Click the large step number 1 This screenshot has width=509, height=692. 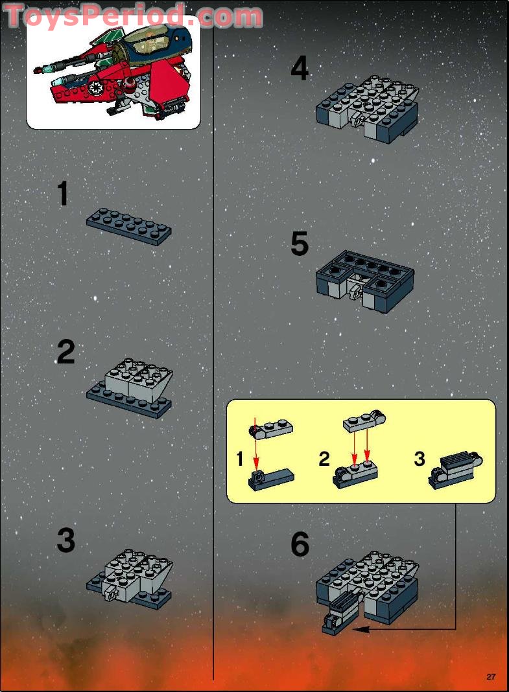(63, 194)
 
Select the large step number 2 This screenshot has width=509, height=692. (65, 352)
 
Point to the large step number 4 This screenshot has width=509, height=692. (299, 69)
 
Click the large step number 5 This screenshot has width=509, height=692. (299, 244)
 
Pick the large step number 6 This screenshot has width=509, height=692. (300, 544)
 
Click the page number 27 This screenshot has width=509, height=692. (491, 677)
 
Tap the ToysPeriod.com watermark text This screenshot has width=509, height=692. (133, 16)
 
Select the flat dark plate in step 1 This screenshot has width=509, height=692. (128, 226)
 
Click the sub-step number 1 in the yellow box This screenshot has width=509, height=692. (240, 460)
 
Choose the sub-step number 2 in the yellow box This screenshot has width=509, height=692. (324, 459)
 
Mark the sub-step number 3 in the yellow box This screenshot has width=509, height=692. (420, 459)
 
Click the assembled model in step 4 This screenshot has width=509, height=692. (368, 108)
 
